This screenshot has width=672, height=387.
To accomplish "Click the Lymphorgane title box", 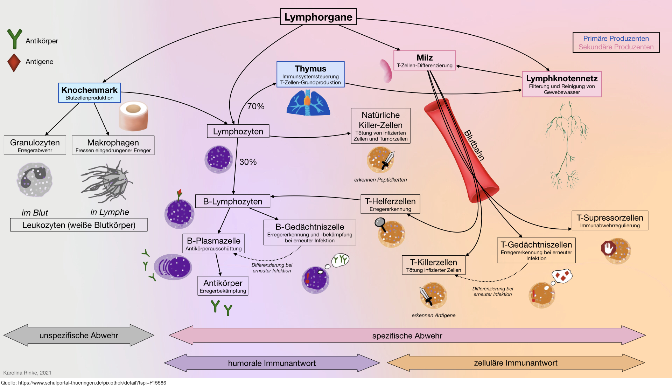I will (x=318, y=17).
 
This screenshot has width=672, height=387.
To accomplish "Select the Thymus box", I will (x=310, y=74).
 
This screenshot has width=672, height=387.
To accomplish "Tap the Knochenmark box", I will (x=89, y=93).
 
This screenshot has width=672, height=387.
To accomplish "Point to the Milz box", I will (x=425, y=60).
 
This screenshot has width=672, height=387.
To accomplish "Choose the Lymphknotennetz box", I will (x=562, y=84).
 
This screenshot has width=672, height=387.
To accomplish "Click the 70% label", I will (x=256, y=106).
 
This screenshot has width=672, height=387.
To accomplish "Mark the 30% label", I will (x=248, y=162).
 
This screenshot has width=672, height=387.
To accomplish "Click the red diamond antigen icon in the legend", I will (x=14, y=63).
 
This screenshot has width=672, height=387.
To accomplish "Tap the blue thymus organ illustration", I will (x=308, y=103).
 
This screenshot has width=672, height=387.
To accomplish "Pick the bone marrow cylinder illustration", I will (x=133, y=116).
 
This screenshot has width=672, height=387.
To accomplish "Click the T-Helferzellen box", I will (x=390, y=204).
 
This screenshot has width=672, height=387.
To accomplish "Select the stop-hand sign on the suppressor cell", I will (x=608, y=248).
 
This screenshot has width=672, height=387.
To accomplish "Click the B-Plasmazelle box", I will (x=213, y=243).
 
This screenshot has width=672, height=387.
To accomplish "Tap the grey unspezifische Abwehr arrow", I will (x=79, y=335).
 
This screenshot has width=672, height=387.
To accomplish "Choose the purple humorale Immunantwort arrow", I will (x=272, y=363).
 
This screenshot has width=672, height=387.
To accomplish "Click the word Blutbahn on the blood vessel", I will (x=474, y=145).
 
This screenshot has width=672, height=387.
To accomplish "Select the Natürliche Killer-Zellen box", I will (x=380, y=126).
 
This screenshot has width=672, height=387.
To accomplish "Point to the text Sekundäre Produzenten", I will (x=616, y=47).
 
